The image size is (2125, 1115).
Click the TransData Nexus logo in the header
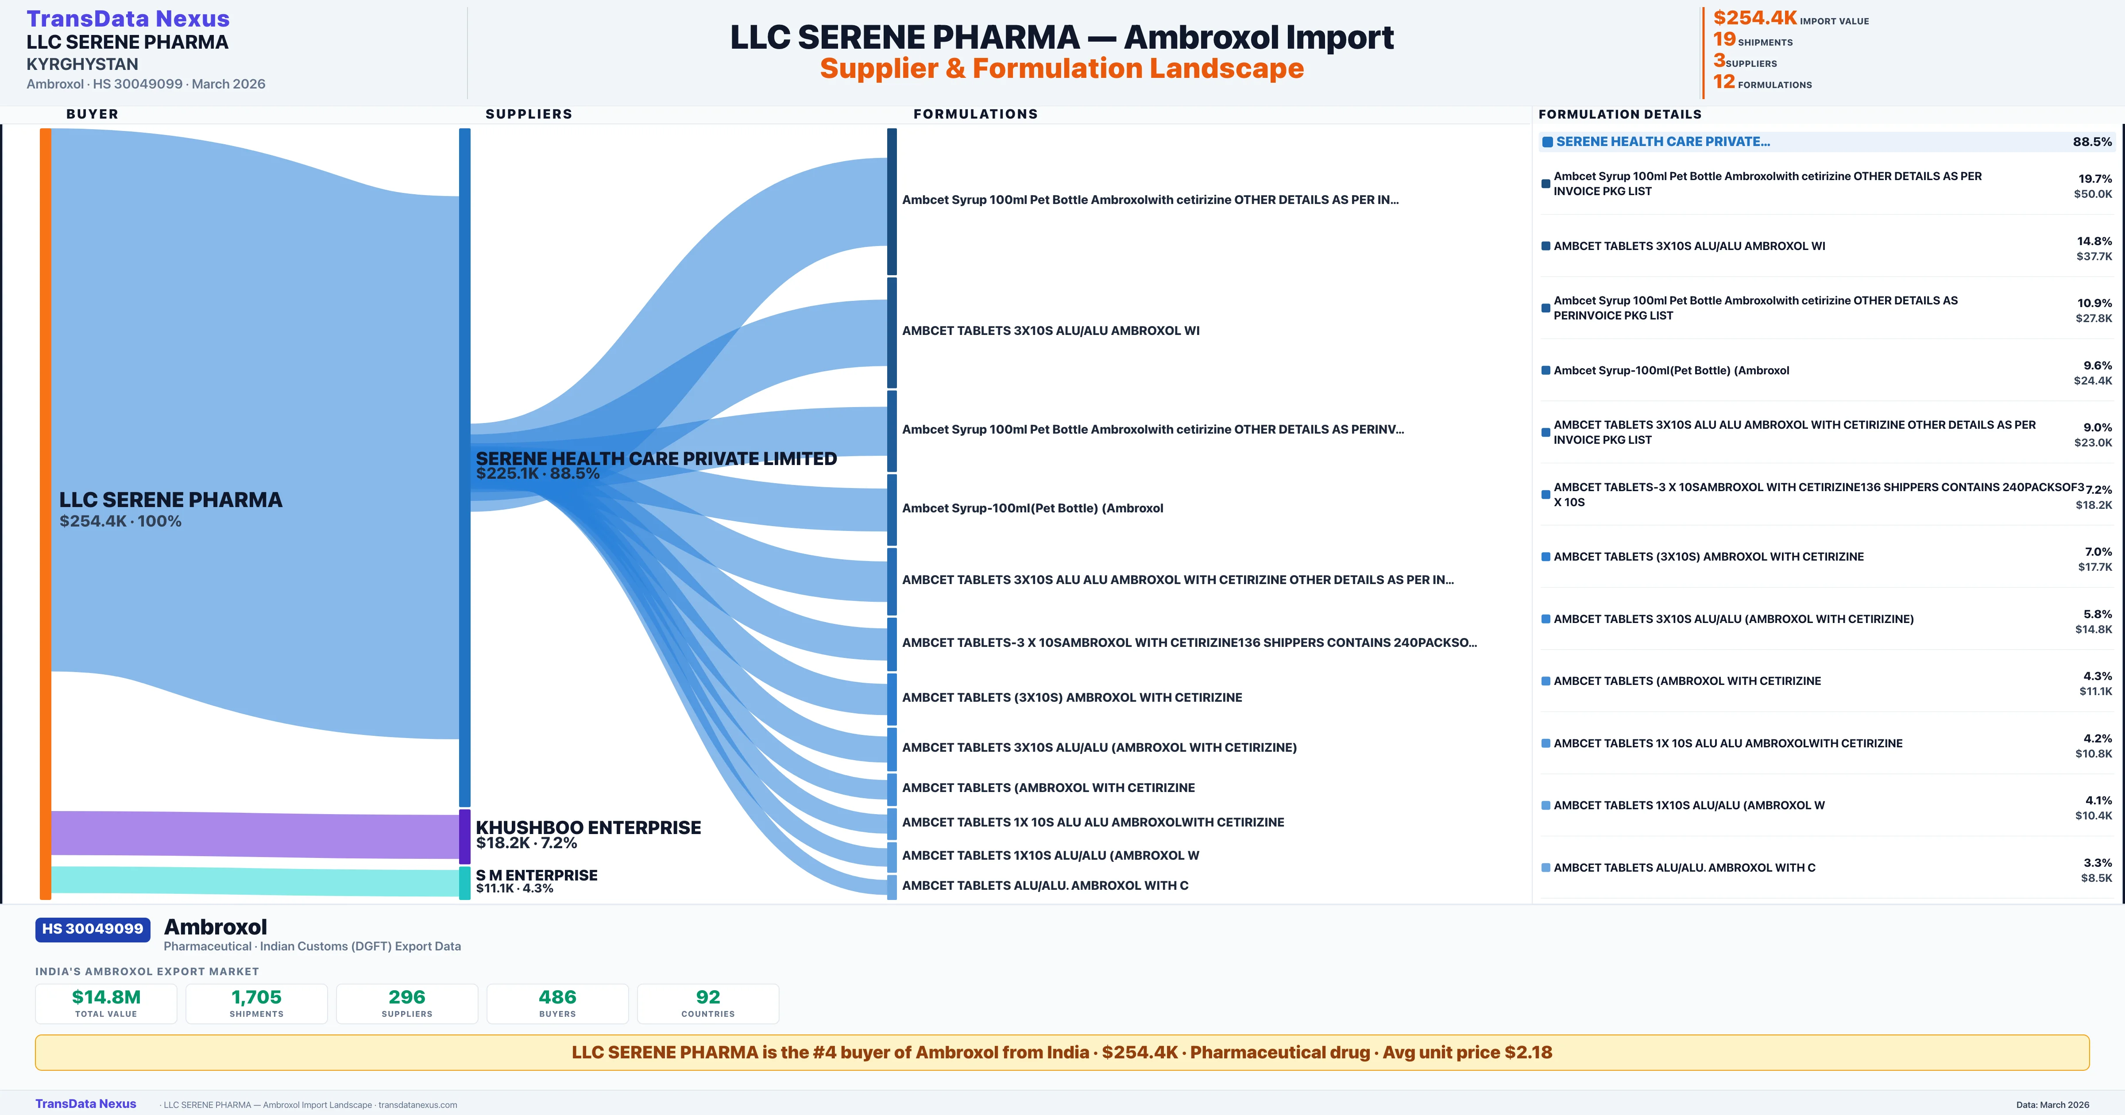click(128, 18)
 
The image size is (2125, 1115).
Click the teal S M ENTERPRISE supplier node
click(464, 882)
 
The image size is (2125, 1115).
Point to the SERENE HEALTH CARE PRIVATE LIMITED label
click(656, 458)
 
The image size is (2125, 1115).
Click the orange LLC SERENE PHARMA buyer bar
click(45, 511)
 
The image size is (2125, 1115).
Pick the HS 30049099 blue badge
click(93, 929)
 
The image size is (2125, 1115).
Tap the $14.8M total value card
click(106, 1003)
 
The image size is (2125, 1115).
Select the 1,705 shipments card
click(257, 1003)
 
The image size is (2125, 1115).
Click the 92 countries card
click(708, 1003)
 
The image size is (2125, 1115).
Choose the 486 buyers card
click(558, 1003)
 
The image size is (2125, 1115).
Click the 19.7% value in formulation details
click(2094, 179)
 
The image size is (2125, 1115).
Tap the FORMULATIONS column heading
click(975, 114)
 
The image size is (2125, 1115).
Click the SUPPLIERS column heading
click(529, 114)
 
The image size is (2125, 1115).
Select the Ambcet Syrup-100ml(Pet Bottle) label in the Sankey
click(1032, 508)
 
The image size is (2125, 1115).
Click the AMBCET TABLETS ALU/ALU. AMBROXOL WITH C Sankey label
click(1044, 886)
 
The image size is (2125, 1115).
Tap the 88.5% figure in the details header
click(2092, 142)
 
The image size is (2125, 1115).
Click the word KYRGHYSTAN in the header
click(82, 64)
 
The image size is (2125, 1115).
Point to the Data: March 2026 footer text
click(2052, 1104)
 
